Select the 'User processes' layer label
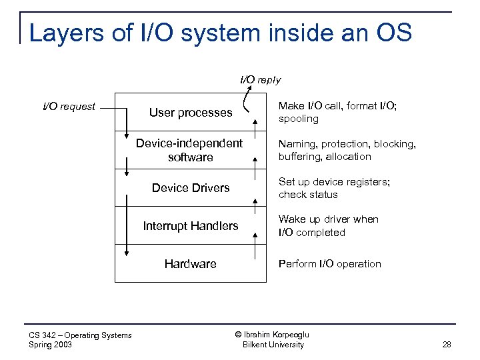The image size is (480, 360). tap(191, 113)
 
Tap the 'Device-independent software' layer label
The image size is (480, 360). tap(190, 151)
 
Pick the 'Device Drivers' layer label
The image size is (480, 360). tap(191, 188)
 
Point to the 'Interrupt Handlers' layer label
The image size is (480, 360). tap(191, 226)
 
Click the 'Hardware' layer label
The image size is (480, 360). tap(191, 264)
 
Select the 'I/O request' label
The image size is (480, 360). tap(69, 106)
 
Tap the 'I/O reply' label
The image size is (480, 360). tap(260, 80)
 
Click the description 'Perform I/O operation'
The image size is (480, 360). tap(330, 264)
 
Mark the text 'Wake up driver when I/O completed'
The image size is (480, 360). tap(328, 226)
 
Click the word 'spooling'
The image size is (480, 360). tap(298, 119)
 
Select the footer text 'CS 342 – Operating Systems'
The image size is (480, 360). tap(81, 335)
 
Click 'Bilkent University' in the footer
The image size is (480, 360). tap(273, 345)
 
